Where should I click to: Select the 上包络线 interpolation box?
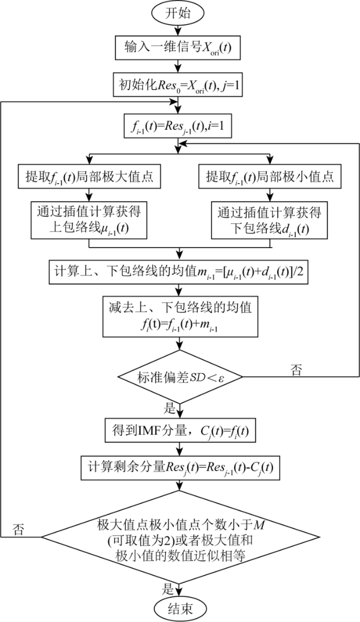[x=90, y=220]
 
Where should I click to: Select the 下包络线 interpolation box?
[x=268, y=220]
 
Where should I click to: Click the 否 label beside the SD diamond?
[x=296, y=369]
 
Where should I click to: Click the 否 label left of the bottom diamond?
[x=19, y=528]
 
